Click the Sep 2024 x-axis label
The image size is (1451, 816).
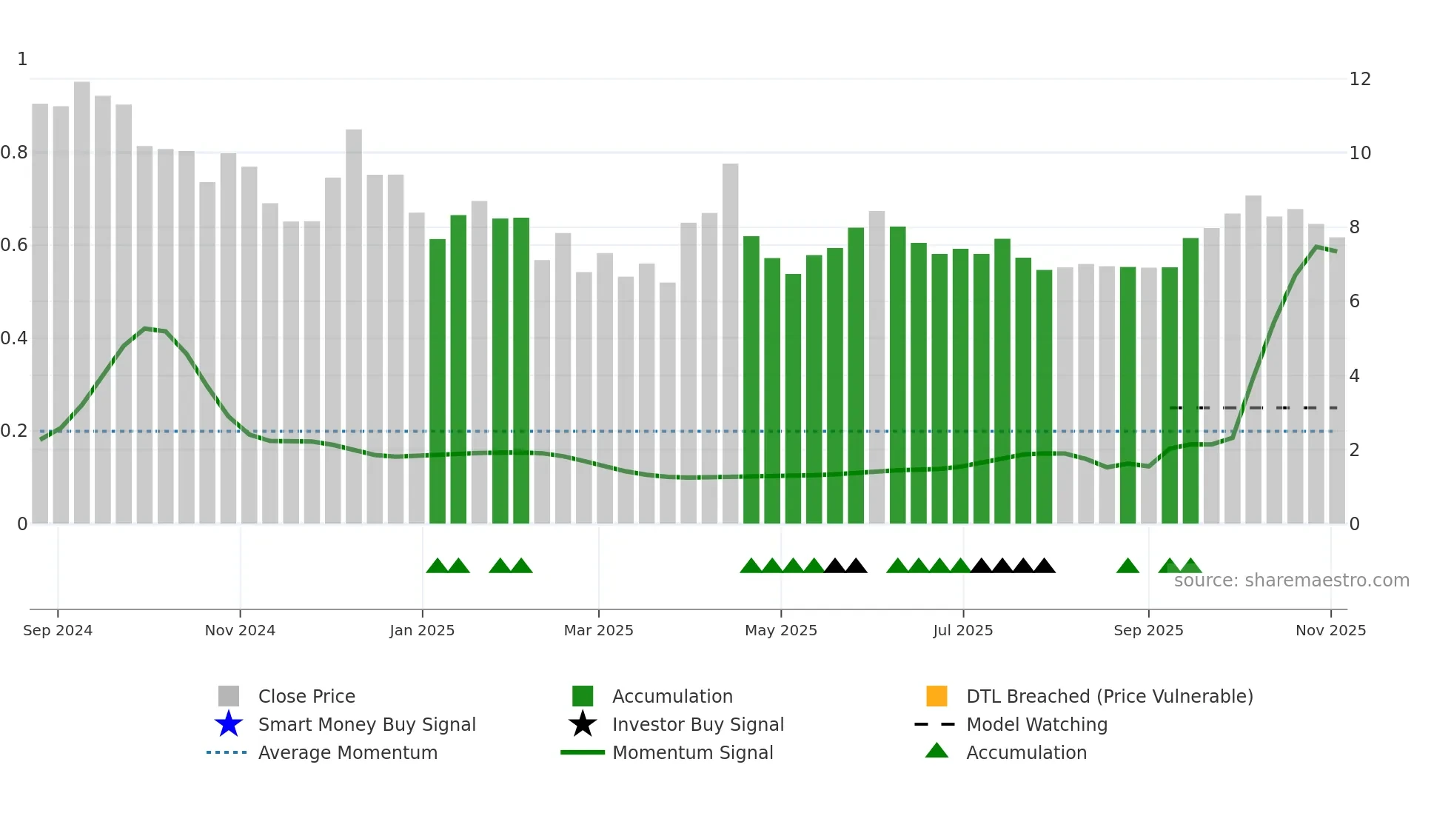click(58, 630)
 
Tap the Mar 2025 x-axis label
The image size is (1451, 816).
click(598, 630)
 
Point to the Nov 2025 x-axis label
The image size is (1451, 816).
click(1330, 630)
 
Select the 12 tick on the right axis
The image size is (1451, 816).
click(1360, 79)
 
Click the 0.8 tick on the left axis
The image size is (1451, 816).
click(15, 153)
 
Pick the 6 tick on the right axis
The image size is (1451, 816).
click(1354, 301)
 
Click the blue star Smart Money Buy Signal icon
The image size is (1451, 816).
click(229, 724)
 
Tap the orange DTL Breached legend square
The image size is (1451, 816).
click(936, 696)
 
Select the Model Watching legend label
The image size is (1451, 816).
click(1036, 724)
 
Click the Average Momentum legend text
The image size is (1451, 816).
click(347, 752)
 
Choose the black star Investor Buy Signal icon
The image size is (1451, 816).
click(583, 724)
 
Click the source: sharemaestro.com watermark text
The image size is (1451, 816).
click(1291, 581)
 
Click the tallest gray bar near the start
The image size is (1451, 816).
click(81, 296)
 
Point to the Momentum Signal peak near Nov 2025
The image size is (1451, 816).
click(1316, 247)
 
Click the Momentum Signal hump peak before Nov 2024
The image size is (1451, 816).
click(146, 328)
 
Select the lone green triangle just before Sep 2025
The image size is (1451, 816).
click(1127, 566)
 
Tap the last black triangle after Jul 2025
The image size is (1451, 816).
click(1044, 566)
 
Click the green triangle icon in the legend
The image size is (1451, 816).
click(936, 751)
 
